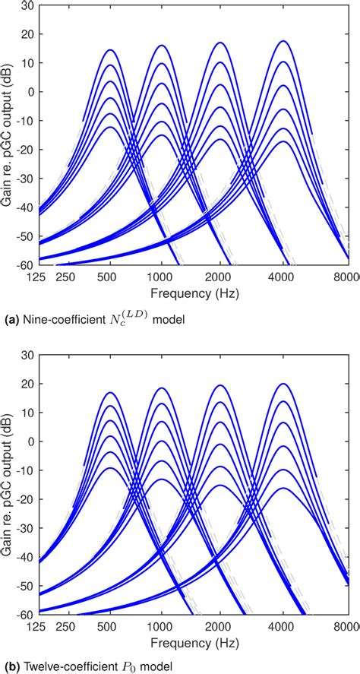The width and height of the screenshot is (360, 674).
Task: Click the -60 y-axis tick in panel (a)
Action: coord(26,265)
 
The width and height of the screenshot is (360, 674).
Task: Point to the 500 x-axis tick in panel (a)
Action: coord(110,277)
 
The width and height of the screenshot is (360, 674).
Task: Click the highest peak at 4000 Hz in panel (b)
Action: coord(283,384)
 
